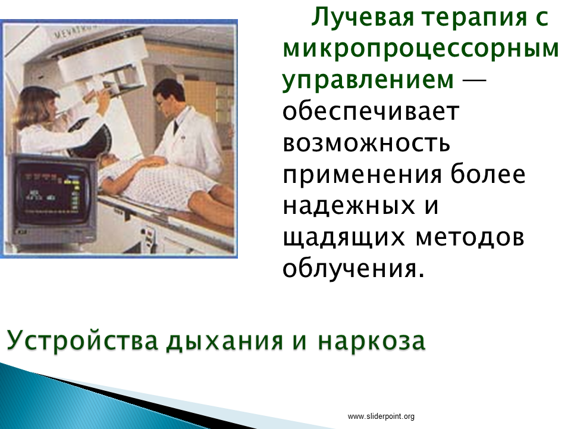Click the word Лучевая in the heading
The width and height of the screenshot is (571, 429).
(x=363, y=17)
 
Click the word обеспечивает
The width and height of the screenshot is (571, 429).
(x=371, y=111)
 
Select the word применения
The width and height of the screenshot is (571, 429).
(x=362, y=175)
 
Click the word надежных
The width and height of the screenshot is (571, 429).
(x=349, y=207)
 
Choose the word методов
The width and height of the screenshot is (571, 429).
(x=469, y=238)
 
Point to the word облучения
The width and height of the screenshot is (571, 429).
(x=353, y=269)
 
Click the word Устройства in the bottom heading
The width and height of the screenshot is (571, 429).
(x=82, y=341)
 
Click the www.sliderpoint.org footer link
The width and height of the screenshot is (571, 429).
(x=381, y=416)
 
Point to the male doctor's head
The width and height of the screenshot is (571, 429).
(x=169, y=97)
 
